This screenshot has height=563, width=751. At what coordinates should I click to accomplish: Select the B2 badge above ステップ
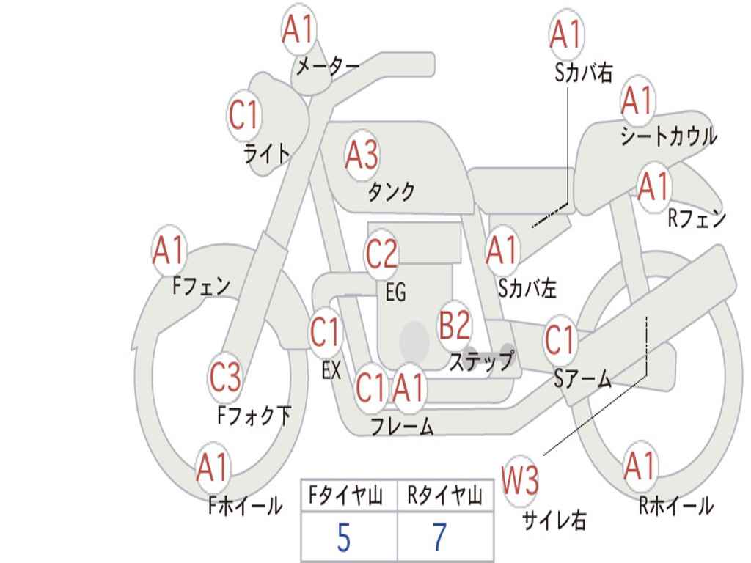(455, 325)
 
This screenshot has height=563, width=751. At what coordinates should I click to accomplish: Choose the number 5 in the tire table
(343, 538)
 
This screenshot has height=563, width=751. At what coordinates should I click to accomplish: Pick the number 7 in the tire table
(439, 538)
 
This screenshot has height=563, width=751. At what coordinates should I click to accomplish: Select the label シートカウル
(668, 137)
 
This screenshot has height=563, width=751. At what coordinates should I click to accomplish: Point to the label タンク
(391, 192)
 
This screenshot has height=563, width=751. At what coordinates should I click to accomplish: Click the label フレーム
(402, 427)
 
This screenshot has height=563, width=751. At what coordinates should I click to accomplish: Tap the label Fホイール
(245, 506)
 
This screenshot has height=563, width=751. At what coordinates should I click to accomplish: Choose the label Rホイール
(675, 506)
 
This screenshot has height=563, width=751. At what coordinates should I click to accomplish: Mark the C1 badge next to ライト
(243, 116)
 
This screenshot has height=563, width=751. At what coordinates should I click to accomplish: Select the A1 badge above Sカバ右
(565, 35)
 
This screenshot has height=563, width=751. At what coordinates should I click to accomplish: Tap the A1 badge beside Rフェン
(653, 187)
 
